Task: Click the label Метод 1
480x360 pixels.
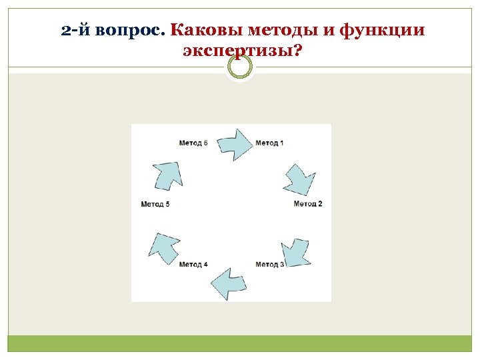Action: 269,143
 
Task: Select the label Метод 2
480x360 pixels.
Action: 307,203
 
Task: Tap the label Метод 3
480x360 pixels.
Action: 269,265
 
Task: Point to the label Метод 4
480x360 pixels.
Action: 193,265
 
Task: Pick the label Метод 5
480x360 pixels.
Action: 155,204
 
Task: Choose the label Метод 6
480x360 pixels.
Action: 193,143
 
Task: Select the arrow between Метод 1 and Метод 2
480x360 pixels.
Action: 299,178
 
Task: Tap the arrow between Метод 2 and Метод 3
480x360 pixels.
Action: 295,251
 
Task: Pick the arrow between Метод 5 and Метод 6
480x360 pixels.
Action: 167,174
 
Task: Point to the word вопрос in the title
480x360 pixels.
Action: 131,31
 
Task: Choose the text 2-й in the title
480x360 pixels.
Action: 75,31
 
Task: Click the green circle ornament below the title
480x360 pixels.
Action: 240,66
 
